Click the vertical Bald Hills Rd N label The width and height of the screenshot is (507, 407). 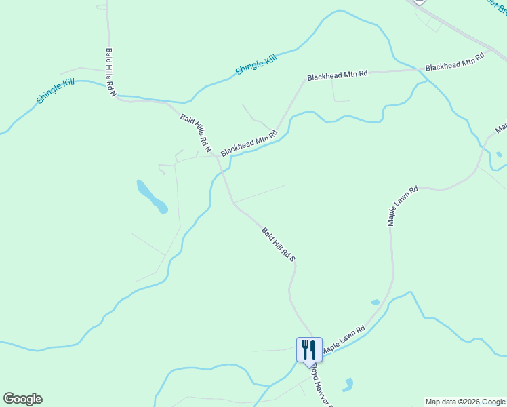(110, 72)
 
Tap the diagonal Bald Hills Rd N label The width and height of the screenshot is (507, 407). (197, 133)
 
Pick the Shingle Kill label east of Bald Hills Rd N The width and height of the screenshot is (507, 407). (256, 65)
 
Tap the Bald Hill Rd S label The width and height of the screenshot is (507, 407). (279, 244)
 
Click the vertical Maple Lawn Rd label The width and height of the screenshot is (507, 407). (401, 207)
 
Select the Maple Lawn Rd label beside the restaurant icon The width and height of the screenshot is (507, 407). (343, 338)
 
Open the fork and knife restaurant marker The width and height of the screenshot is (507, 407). (309, 349)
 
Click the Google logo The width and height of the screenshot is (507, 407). (22, 399)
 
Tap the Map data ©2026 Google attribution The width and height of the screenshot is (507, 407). (465, 402)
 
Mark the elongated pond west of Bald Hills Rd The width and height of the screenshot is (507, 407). (152, 197)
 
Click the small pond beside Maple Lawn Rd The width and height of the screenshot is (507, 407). (375, 302)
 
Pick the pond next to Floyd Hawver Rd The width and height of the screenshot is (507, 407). (348, 385)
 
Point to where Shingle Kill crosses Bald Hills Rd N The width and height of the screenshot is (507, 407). (117, 96)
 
